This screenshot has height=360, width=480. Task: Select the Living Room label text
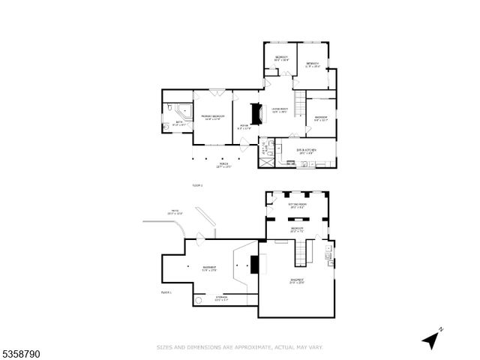tap(279, 110)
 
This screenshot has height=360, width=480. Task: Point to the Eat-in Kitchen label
tap(306, 151)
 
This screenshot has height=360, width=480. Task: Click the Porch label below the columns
tap(223, 165)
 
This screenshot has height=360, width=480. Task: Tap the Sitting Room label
tap(298, 205)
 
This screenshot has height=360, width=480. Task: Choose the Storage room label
tap(221, 298)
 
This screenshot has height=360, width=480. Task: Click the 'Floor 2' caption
tap(198, 184)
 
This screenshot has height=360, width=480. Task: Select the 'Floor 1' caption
tap(166, 292)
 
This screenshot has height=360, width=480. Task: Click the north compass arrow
tap(430, 340)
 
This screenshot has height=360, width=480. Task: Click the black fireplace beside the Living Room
tap(256, 114)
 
